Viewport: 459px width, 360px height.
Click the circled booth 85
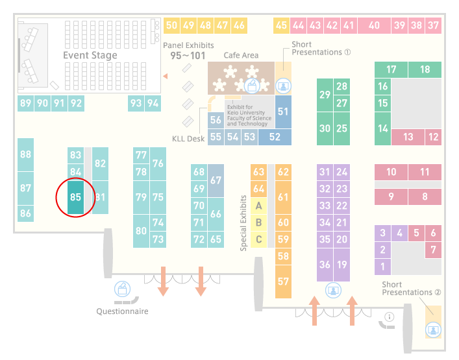75,197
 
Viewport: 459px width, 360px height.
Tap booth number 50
171,25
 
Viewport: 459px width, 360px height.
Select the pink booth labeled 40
374,25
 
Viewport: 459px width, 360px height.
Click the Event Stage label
90,55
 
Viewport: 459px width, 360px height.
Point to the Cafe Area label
241,55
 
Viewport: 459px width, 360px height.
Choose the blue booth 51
283,112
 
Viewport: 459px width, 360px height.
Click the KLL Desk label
188,139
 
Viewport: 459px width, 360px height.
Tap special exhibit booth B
259,222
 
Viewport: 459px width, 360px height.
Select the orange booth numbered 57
283,282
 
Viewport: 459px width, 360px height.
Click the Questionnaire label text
122,311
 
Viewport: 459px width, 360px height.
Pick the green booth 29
325,95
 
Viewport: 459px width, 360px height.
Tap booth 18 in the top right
425,69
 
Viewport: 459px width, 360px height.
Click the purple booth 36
325,265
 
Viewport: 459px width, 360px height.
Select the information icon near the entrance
390,317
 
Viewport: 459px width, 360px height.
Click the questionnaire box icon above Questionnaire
122,289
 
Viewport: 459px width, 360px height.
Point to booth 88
25,154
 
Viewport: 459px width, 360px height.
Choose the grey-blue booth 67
216,180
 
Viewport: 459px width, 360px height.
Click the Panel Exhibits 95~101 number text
188,56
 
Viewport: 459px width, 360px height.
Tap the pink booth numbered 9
391,197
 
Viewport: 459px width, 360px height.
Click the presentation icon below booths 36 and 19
334,291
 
